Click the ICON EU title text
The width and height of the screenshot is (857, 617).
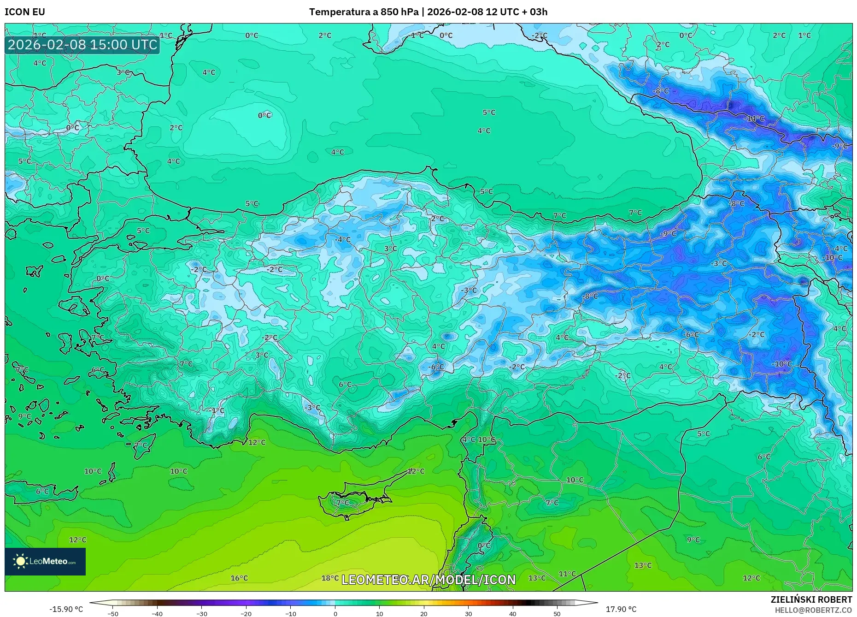click(25, 12)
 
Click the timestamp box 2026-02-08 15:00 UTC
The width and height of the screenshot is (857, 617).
click(82, 45)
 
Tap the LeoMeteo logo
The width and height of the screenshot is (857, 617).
click(45, 561)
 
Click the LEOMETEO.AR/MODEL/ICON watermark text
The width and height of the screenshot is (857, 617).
click(428, 580)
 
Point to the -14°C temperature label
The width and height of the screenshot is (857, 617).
click(754, 119)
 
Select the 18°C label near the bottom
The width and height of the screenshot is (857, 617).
click(330, 578)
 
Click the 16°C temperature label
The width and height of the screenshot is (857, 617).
click(239, 578)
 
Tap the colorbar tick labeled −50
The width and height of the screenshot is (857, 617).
click(113, 613)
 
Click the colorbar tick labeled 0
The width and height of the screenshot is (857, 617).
click(335, 613)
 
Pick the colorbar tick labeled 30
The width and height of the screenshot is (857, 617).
click(468, 613)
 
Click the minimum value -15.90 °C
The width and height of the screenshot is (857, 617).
click(66, 609)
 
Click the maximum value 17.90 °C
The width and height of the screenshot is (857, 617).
click(621, 609)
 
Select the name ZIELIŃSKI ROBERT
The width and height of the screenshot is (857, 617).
click(811, 599)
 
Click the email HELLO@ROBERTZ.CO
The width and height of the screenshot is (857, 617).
click(813, 610)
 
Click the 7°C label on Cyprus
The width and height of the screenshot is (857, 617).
click(343, 503)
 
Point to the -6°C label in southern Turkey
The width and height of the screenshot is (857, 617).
click(436, 367)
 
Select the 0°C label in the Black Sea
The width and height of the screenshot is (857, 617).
click(264, 115)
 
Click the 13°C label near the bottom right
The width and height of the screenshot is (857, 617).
click(643, 565)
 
